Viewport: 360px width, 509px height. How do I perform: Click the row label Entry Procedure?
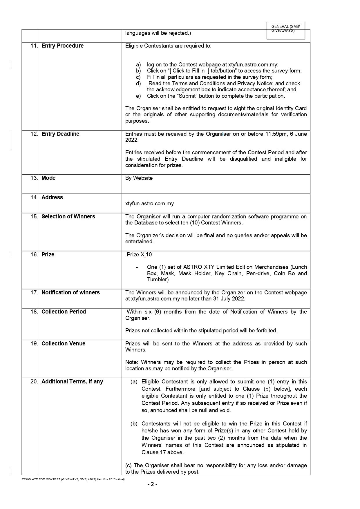pyautogui.click(x=62, y=46)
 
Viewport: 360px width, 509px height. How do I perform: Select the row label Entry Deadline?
pyautogui.click(x=60, y=134)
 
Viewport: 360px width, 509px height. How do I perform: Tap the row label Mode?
pyautogui.click(x=48, y=178)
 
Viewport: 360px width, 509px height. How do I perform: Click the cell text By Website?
pyautogui.click(x=139, y=178)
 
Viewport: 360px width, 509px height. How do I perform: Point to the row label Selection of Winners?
pyautogui.click(x=68, y=217)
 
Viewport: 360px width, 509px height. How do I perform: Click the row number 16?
pyautogui.click(x=34, y=255)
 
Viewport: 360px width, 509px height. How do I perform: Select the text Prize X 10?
pyautogui.click(x=139, y=255)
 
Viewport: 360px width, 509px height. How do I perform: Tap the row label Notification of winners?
pyautogui.click(x=70, y=293)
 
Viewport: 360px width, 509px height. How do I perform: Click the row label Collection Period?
pyautogui.click(x=64, y=312)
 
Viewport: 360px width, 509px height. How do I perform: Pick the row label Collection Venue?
pyautogui.click(x=63, y=344)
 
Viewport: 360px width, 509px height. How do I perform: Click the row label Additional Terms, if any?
pyautogui.click(x=72, y=382)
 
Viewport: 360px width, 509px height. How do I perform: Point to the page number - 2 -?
pyautogui.click(x=152, y=484)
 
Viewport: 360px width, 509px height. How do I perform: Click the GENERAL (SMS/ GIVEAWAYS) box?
pyautogui.click(x=286, y=30)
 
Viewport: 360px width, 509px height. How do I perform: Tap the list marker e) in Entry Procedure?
pyautogui.click(x=138, y=96)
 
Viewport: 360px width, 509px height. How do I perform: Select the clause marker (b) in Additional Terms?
pyautogui.click(x=134, y=424)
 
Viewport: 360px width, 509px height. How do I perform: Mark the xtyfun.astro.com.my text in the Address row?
pyautogui.click(x=150, y=204)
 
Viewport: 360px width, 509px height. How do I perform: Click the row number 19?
pyautogui.click(x=34, y=344)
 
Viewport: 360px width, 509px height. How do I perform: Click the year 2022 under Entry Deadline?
pyautogui.click(x=132, y=140)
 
